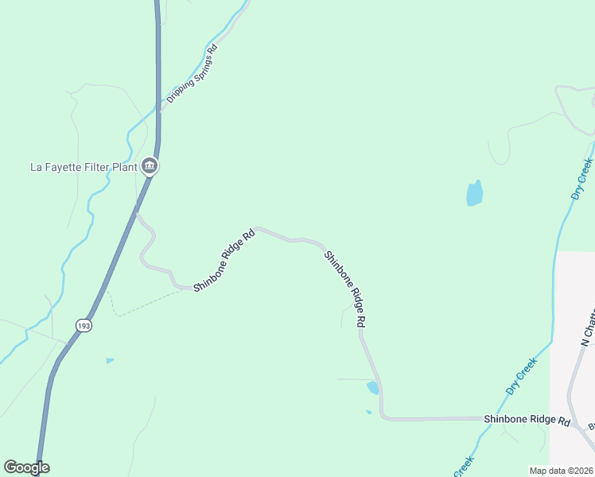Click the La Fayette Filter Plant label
click(83, 167)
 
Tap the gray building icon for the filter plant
click(149, 166)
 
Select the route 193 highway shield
click(84, 325)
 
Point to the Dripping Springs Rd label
click(192, 75)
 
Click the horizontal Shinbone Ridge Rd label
click(527, 419)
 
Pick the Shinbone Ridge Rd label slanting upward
click(224, 260)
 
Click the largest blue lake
click(474, 193)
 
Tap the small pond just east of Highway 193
click(110, 361)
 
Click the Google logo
click(26, 467)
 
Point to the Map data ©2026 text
click(562, 471)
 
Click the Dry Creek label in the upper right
click(583, 179)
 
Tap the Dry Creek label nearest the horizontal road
click(522, 375)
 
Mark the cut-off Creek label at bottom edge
click(465, 467)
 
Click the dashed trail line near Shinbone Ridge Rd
click(151, 302)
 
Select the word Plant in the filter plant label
click(122, 167)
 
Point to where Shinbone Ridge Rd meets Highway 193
click(136, 213)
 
